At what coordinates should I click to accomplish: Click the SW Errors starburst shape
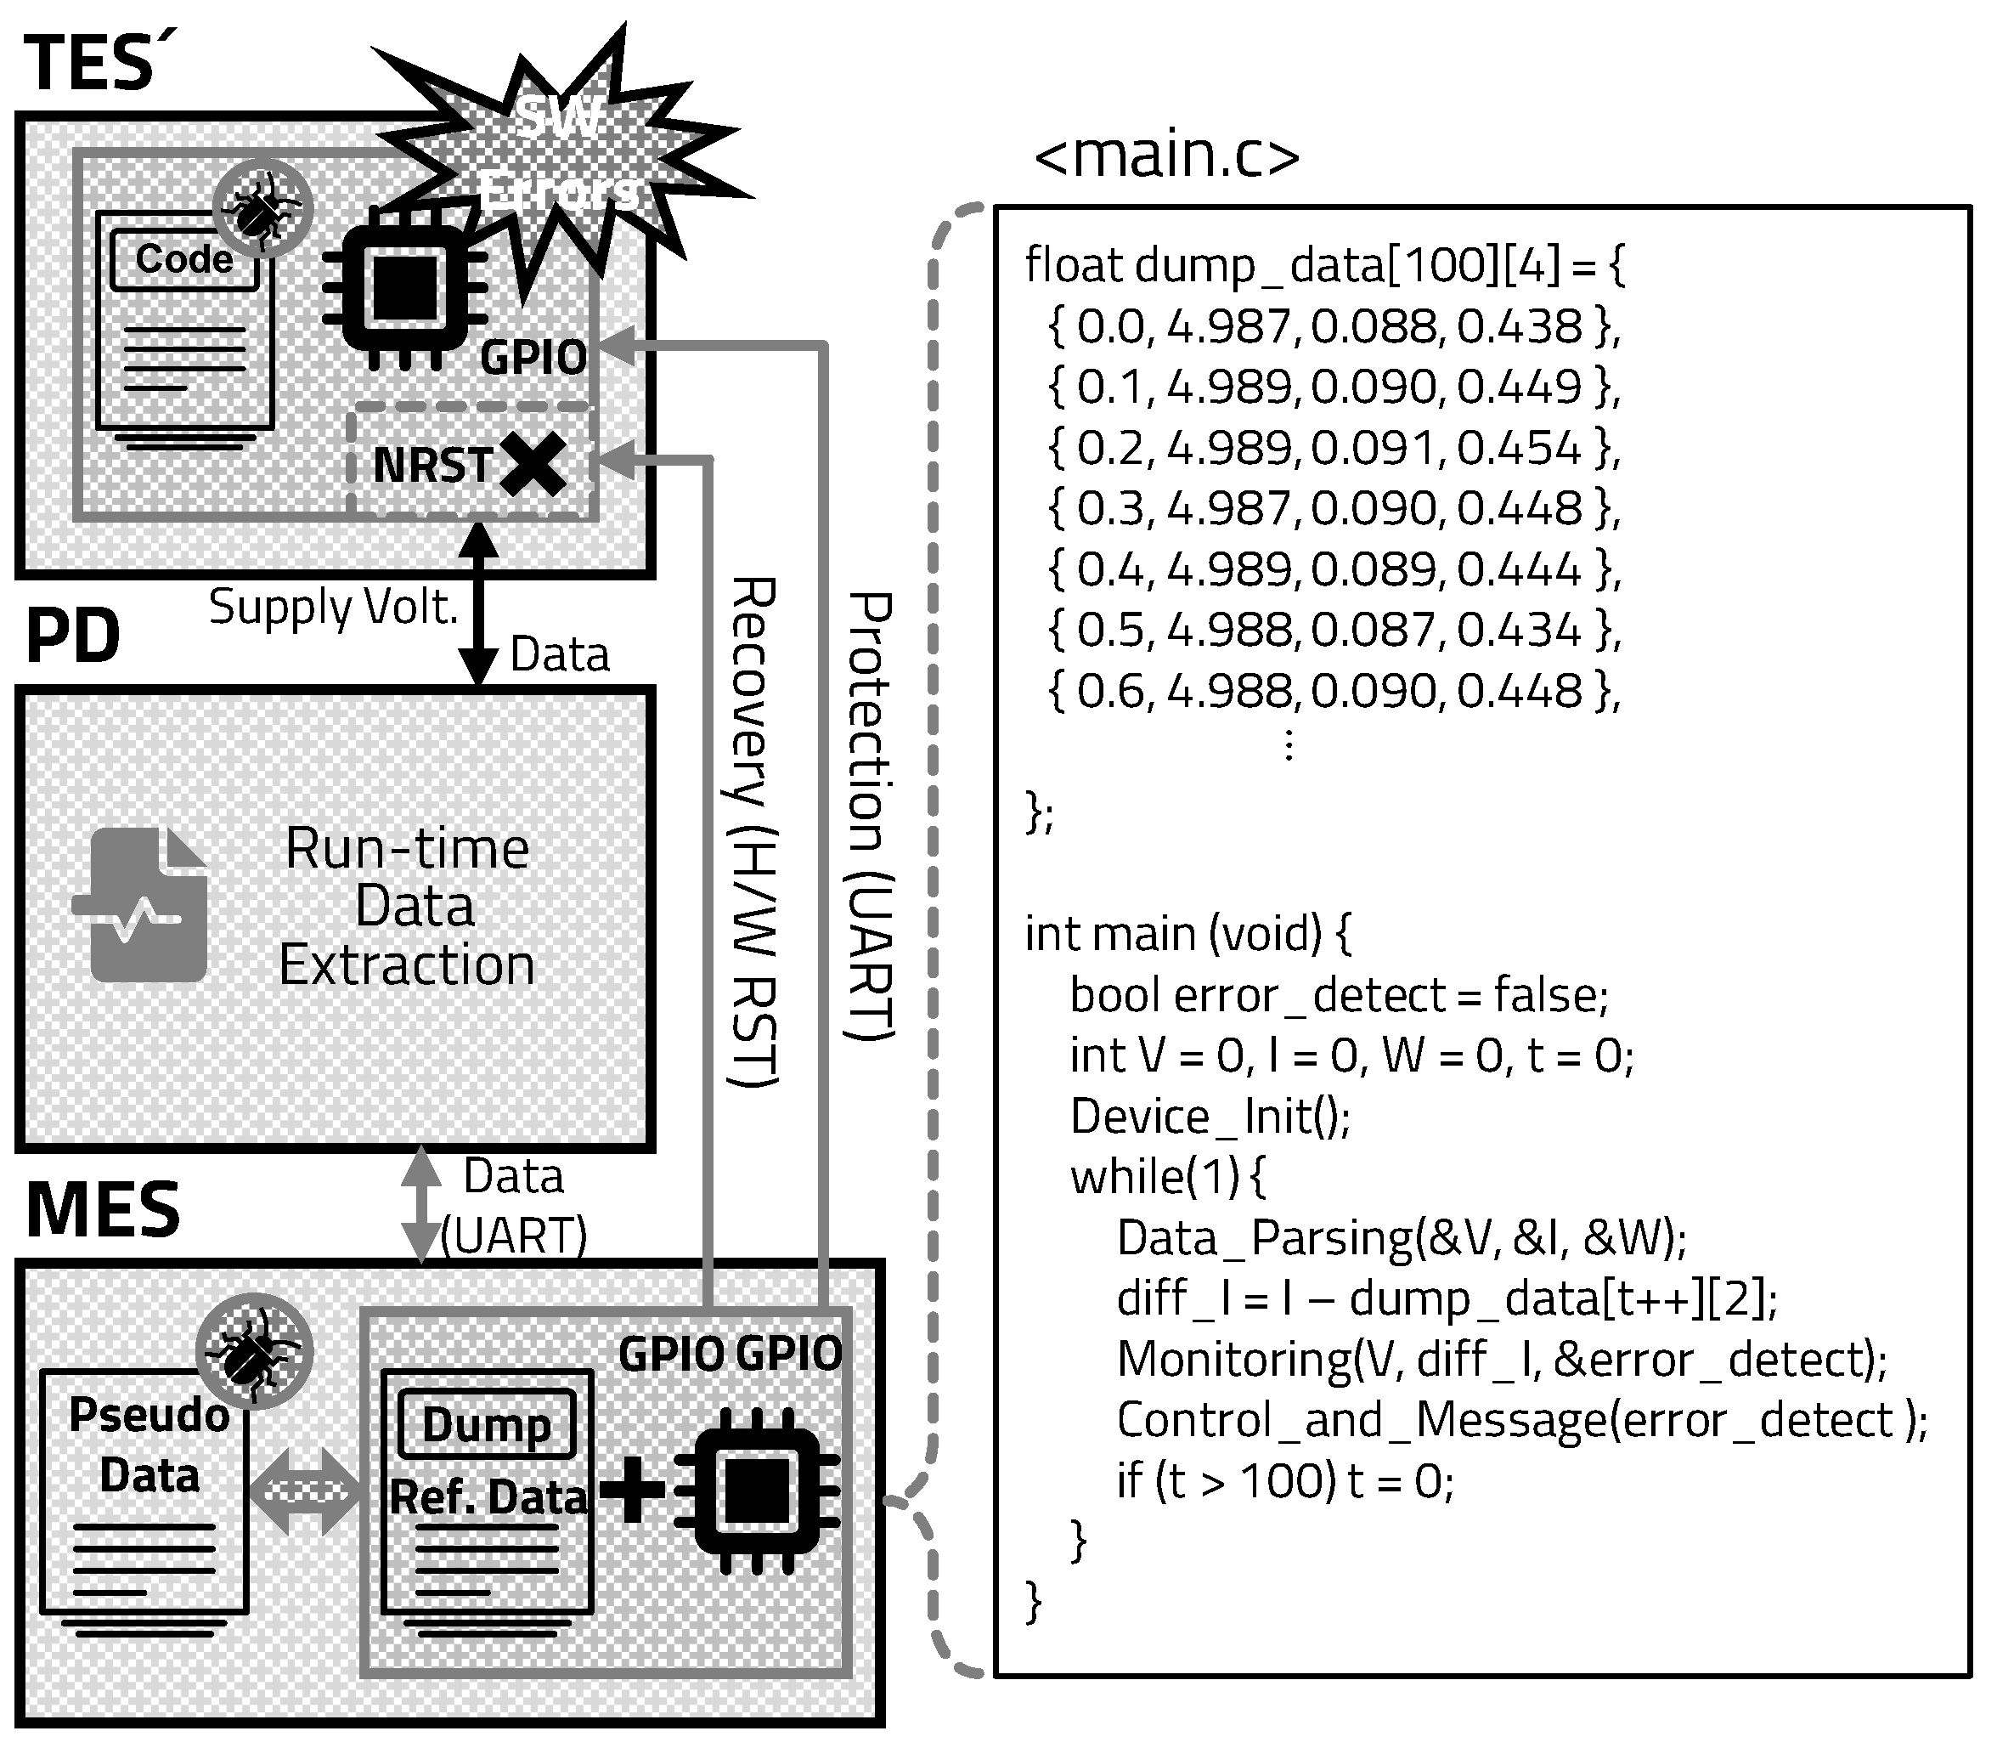561,161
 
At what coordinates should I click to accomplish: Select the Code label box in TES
184,259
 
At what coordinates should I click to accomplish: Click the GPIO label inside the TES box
533,358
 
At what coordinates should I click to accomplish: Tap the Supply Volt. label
334,608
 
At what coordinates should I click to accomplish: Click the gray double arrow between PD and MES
421,1205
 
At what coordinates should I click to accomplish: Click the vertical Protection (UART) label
869,817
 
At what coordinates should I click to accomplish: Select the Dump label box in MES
487,1425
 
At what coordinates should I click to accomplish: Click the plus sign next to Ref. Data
632,1490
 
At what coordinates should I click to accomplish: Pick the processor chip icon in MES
757,1491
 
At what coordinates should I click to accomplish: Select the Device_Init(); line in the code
1210,1116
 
